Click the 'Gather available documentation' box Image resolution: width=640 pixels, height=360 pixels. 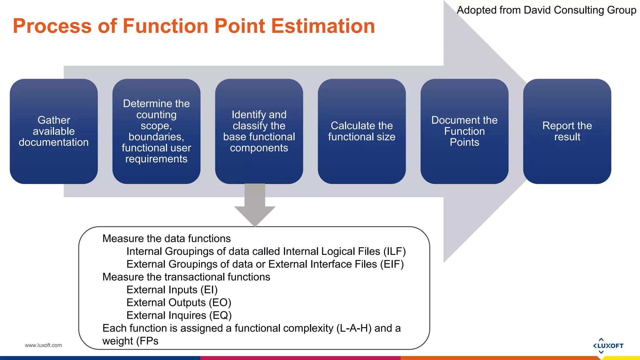click(54, 131)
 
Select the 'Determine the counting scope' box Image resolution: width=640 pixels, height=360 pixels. click(156, 131)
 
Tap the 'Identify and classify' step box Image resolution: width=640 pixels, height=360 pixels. click(259, 131)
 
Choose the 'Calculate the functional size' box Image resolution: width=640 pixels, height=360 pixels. click(362, 131)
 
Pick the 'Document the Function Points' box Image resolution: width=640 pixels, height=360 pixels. click(464, 131)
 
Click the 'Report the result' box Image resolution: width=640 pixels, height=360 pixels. click(567, 131)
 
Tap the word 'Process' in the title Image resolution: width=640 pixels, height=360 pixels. click(52, 26)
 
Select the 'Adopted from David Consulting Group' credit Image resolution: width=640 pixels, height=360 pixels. click(546, 10)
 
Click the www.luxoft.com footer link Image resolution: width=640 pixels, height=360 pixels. click(43, 345)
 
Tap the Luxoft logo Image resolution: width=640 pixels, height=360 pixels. click(608, 346)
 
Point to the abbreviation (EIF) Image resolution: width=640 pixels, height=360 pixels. click(392, 264)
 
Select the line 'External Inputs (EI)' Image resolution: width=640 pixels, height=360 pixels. click(172, 290)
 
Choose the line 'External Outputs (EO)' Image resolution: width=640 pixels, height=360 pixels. click(179, 303)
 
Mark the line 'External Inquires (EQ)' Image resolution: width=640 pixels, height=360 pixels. click(179, 316)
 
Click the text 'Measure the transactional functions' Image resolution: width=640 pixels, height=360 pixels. click(186, 277)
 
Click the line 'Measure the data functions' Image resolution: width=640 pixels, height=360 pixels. click(167, 239)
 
